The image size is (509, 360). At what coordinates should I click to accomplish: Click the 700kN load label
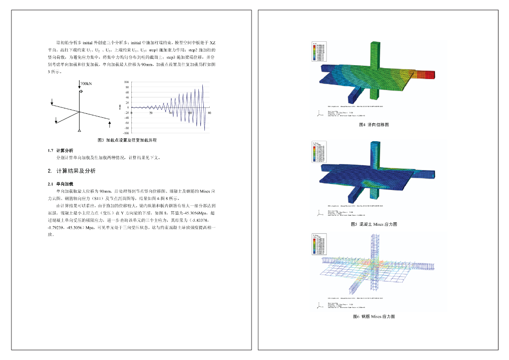(x=86, y=84)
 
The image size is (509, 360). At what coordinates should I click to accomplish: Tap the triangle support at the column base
(x=80, y=130)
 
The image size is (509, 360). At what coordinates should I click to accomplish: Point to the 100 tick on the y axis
(x=127, y=82)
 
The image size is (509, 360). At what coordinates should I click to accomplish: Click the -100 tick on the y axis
(x=126, y=133)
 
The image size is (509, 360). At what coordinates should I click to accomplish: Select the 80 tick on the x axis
(x=209, y=113)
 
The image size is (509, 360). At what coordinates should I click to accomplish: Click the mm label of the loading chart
(x=120, y=107)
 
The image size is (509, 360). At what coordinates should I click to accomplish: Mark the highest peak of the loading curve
(x=203, y=85)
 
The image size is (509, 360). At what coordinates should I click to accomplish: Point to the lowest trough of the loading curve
(x=204, y=130)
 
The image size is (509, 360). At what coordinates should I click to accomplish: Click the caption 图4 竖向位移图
(x=374, y=124)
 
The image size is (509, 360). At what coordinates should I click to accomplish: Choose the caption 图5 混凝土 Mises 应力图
(x=374, y=224)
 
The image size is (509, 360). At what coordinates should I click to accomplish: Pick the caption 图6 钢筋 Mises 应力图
(x=374, y=316)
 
